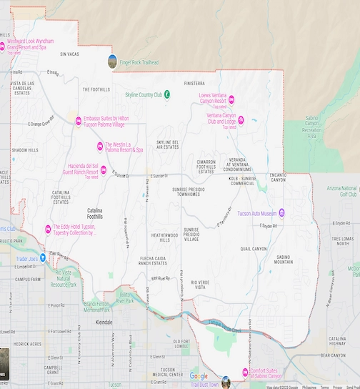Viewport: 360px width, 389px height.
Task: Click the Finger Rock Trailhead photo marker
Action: tap(112, 61)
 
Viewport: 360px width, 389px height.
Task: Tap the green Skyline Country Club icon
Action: tap(166, 94)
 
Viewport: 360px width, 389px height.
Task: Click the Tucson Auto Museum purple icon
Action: tap(282, 212)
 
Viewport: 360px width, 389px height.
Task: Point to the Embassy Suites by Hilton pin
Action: tap(79, 120)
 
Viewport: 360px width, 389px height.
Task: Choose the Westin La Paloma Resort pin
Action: tap(99, 147)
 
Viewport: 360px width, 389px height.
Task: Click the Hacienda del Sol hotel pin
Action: tap(104, 170)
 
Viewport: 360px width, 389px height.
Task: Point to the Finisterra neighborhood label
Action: tap(194, 83)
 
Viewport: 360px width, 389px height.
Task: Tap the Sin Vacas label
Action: tap(69, 54)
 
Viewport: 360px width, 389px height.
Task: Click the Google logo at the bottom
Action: tap(199, 376)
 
